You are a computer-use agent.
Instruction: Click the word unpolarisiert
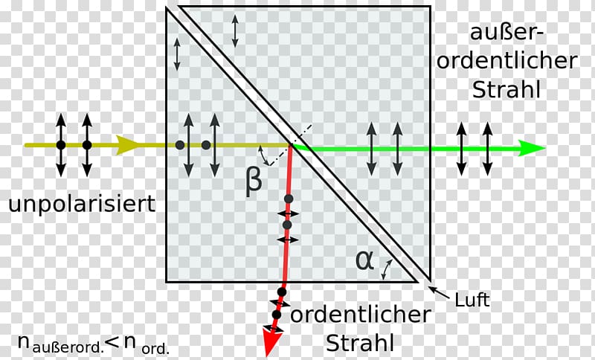pyautogui.click(x=82, y=205)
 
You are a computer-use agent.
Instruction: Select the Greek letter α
pyautogui.click(x=364, y=260)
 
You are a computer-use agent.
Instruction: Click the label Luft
pyautogui.click(x=472, y=300)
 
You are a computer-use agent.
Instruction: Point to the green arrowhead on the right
pyautogui.click(x=532, y=148)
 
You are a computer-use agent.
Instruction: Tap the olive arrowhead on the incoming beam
pyautogui.click(x=128, y=144)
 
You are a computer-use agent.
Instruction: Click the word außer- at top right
pyautogui.click(x=507, y=33)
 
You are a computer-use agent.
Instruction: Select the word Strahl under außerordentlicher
pyautogui.click(x=506, y=90)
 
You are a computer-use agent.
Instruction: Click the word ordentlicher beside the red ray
pyautogui.click(x=361, y=315)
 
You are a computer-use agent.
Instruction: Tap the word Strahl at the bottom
pyautogui.click(x=359, y=343)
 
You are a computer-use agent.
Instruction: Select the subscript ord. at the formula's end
pyautogui.click(x=155, y=349)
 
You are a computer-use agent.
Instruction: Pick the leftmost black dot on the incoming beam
pyautogui.click(x=61, y=144)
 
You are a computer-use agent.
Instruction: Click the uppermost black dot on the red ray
pyautogui.click(x=289, y=199)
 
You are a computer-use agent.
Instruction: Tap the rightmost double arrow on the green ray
pyautogui.click(x=488, y=149)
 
